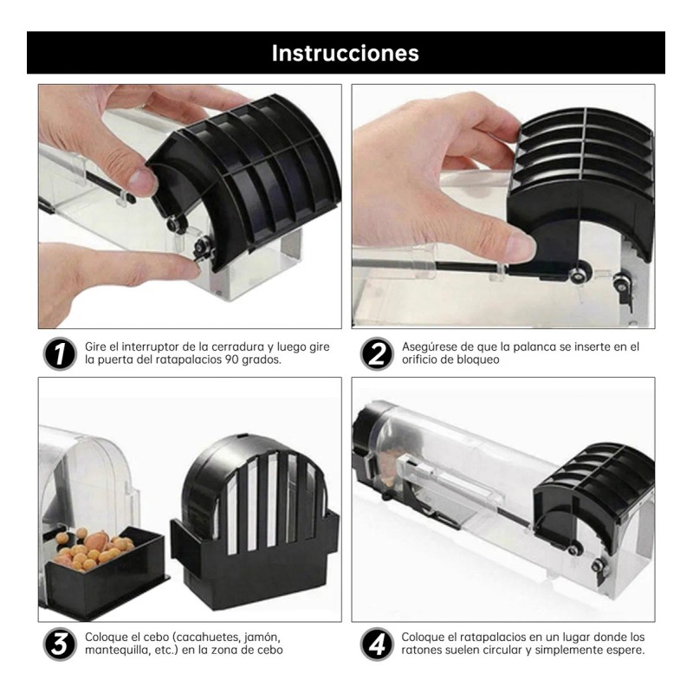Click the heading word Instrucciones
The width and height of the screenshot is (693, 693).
346,53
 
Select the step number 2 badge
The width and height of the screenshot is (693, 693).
375,353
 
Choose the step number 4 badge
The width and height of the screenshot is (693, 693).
375,644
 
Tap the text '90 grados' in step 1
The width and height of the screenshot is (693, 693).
262,359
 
